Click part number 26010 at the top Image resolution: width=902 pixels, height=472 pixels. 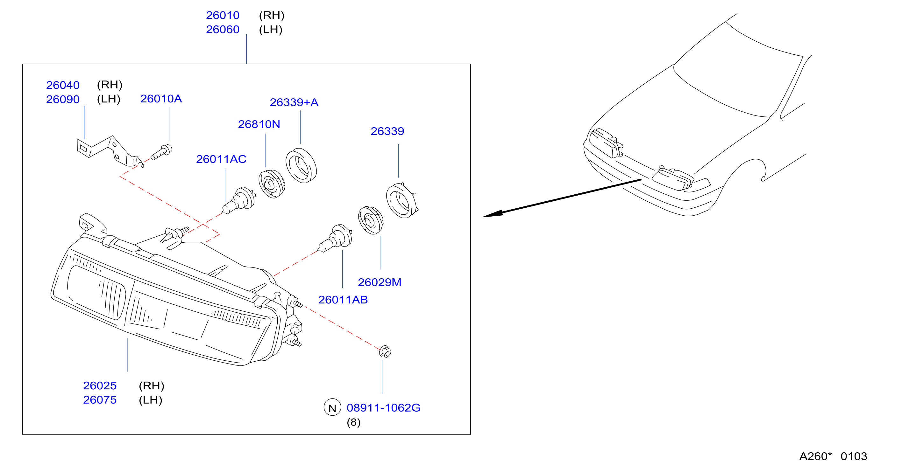tap(222, 15)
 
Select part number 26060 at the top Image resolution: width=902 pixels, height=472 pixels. tap(222, 29)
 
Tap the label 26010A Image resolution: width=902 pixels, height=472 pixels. tap(161, 99)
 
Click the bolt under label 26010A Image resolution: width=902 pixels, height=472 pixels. tap(162, 152)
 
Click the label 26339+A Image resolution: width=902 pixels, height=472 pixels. tap(294, 102)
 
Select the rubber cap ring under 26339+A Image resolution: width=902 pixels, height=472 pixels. tap(301, 165)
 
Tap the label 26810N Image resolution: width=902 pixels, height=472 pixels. tap(259, 124)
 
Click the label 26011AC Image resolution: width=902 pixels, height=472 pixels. tap(221, 159)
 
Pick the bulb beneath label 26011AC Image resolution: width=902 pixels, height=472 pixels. tap(239, 200)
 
